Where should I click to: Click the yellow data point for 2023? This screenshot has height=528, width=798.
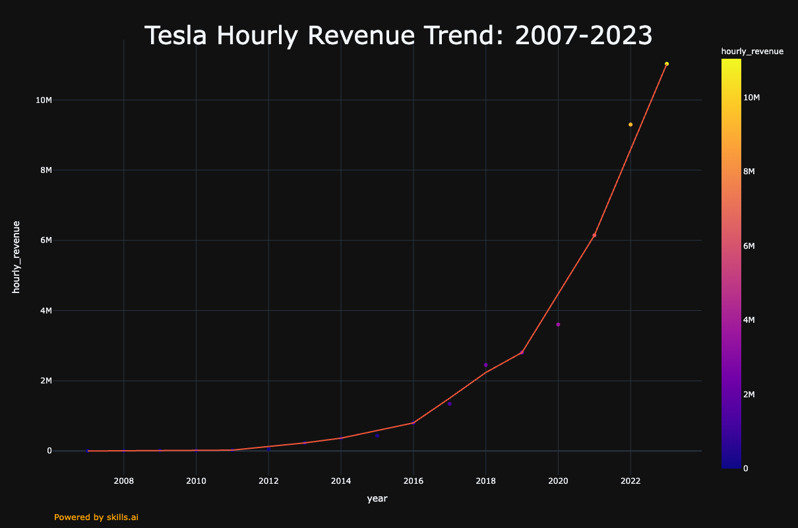point(667,64)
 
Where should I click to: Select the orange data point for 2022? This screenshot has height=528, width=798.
point(630,125)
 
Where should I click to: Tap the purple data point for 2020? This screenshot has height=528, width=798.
point(558,325)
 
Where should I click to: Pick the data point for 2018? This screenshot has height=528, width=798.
point(485,365)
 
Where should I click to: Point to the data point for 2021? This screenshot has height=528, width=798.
point(594,236)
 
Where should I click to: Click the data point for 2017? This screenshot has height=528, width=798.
point(449,404)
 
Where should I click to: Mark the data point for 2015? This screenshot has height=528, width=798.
point(377,436)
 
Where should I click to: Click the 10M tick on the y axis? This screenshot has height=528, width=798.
point(44,100)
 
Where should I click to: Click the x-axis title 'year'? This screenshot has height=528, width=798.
point(377,499)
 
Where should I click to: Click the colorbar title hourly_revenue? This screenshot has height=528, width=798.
point(752,51)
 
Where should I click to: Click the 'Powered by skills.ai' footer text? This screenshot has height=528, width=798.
point(96,517)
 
